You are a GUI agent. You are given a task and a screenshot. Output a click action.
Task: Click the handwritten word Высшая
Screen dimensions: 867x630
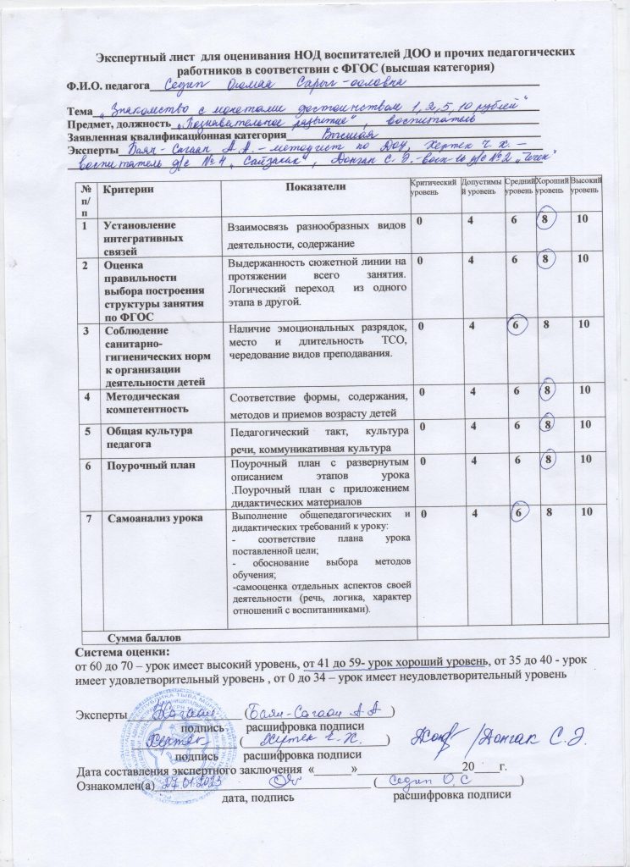click(348, 134)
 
